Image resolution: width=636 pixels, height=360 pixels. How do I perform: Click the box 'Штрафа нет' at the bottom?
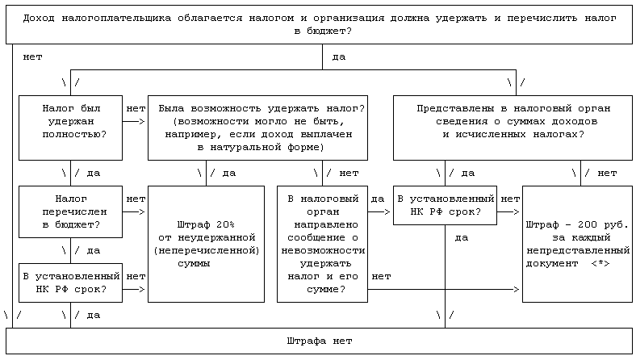coord(320,341)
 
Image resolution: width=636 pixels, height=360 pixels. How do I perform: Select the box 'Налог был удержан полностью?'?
coord(71,128)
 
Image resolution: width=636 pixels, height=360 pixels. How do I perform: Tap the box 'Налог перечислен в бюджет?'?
coord(71,211)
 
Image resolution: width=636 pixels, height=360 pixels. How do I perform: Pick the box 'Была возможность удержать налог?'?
coord(258,128)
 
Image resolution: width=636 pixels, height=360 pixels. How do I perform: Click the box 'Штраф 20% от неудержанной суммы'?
coord(206,244)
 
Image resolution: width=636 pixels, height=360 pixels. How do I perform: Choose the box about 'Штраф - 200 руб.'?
coord(577,244)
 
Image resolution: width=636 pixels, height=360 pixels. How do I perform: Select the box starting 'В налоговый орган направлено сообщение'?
coord(321,244)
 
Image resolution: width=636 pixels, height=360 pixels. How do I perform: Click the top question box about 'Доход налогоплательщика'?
coord(320,24)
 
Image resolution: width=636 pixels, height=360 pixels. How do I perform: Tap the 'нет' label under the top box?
coord(33,57)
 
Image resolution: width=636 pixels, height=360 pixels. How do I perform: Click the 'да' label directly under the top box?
coord(338,57)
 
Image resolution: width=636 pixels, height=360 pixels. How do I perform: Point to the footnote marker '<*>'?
coord(600,263)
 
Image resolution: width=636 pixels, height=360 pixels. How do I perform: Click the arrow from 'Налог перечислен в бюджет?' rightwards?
coord(136,211)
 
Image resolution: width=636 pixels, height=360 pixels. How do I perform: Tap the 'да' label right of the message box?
coord(377,198)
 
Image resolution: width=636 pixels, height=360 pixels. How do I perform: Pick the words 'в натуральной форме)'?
coord(258,148)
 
